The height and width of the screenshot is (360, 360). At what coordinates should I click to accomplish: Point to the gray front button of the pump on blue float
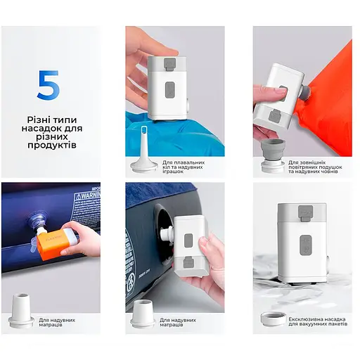[169, 91]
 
